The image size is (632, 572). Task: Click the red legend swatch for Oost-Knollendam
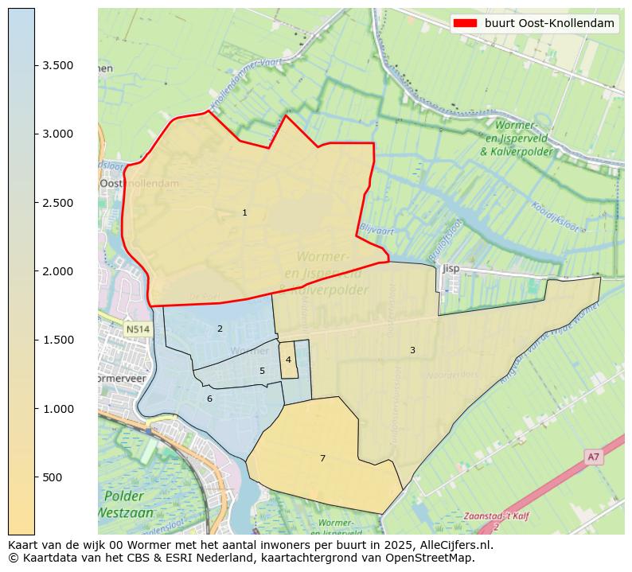pyautogui.click(x=465, y=24)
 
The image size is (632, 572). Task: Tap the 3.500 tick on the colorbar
pyautogui.click(x=58, y=65)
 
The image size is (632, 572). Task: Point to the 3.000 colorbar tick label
pyautogui.click(x=58, y=134)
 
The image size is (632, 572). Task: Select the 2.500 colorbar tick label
pyautogui.click(x=58, y=203)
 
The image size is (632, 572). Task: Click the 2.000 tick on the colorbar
pyautogui.click(x=58, y=271)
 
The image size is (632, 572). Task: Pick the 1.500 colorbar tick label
pyautogui.click(x=58, y=340)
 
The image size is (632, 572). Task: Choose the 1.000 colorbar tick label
pyautogui.click(x=58, y=409)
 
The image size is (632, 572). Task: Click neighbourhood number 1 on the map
pyautogui.click(x=244, y=212)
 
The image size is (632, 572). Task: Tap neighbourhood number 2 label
pyautogui.click(x=220, y=329)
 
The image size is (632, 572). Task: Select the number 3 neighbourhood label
pyautogui.click(x=412, y=350)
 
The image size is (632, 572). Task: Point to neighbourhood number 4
pyautogui.click(x=288, y=360)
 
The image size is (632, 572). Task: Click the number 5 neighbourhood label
pyautogui.click(x=262, y=371)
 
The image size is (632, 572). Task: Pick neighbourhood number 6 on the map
pyautogui.click(x=209, y=399)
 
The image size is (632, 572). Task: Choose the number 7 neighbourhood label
pyautogui.click(x=322, y=458)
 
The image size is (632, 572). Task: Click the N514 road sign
pyautogui.click(x=137, y=329)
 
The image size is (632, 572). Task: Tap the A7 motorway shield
pyautogui.click(x=593, y=457)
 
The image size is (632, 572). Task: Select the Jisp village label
pyautogui.click(x=451, y=268)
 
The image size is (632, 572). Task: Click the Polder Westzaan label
pyautogui.click(x=128, y=504)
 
